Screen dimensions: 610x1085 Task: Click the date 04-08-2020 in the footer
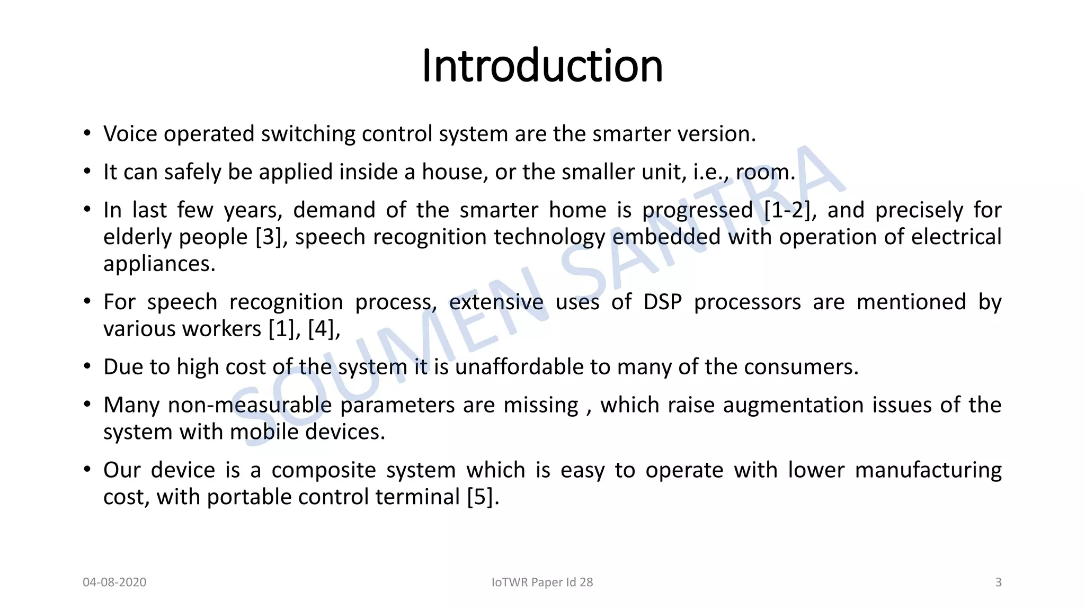[x=114, y=582]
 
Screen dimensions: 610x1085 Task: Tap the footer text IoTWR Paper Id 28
[x=542, y=582]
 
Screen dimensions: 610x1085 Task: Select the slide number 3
[x=998, y=582]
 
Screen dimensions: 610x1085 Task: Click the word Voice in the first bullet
[x=130, y=133]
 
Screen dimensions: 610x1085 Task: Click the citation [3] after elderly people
[x=271, y=237]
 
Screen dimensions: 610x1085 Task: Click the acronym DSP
[x=662, y=302]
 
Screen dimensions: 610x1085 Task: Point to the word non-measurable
[x=250, y=405]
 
